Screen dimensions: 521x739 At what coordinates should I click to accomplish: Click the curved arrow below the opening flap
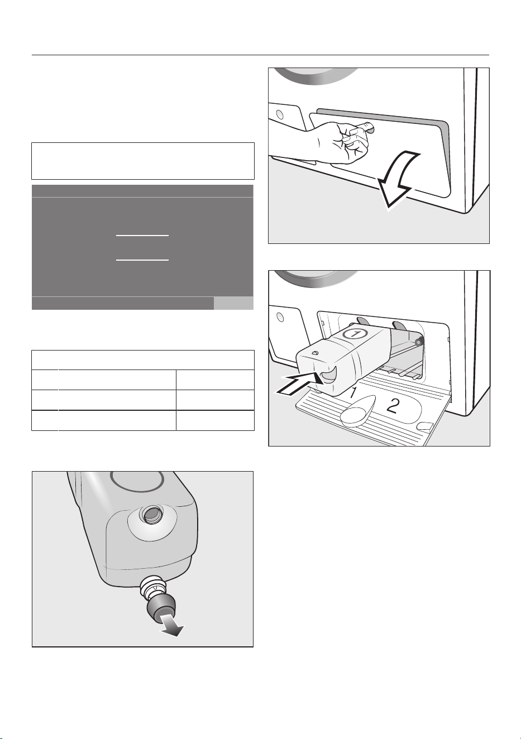(398, 180)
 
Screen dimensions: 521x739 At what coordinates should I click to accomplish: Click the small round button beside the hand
(279, 115)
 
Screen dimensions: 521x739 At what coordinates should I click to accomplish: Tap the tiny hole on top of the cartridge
(316, 353)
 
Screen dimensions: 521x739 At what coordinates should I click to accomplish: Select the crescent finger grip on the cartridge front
(328, 375)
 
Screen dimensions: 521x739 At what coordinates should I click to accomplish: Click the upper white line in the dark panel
(142, 236)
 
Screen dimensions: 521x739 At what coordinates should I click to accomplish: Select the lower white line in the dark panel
(142, 260)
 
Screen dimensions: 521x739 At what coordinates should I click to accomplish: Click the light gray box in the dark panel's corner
(233, 303)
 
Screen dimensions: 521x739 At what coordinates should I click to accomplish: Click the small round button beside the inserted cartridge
(280, 317)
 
